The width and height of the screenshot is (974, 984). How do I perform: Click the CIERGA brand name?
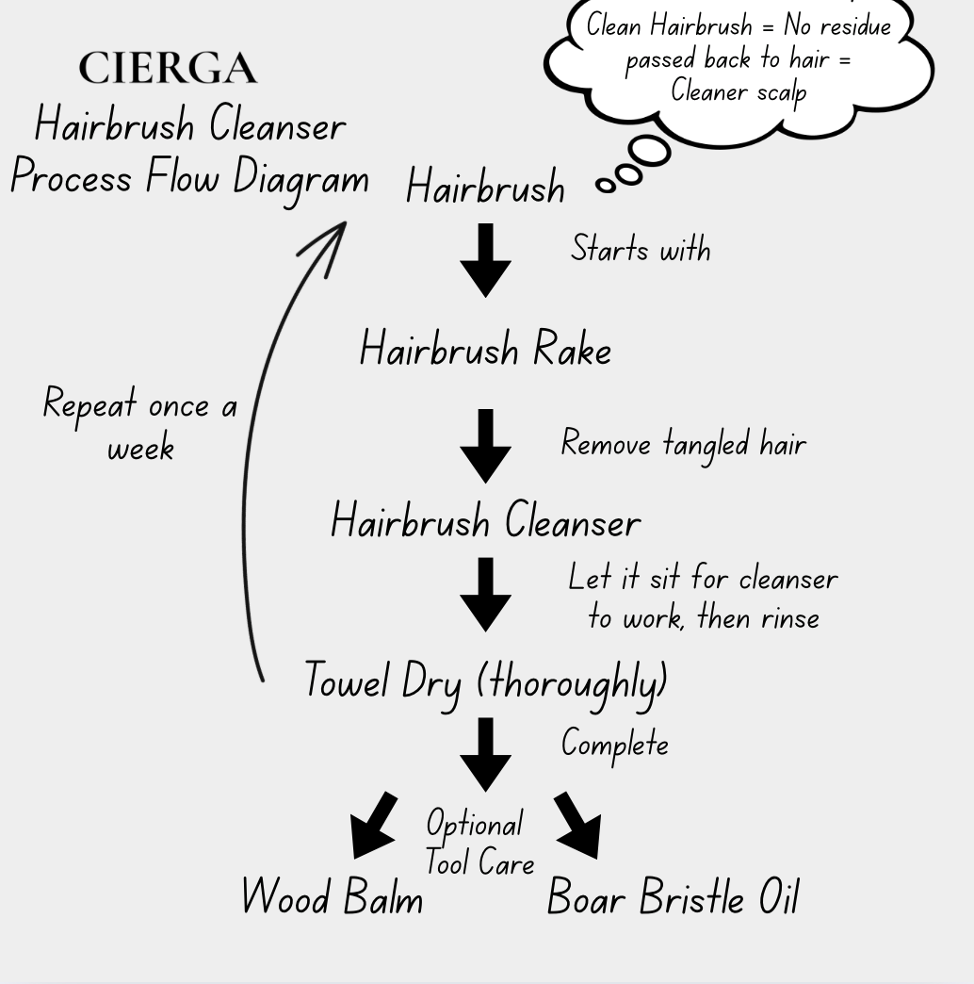pyautogui.click(x=168, y=69)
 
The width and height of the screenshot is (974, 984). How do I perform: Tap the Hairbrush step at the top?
pyautogui.click(x=485, y=187)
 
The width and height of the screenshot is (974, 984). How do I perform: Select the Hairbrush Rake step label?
pyautogui.click(x=485, y=351)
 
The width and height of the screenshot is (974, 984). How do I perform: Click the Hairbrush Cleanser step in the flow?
pyautogui.click(x=485, y=522)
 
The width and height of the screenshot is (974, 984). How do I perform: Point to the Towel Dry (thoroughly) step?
pyautogui.click(x=485, y=681)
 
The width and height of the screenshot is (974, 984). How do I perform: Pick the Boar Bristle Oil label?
pyautogui.click(x=673, y=897)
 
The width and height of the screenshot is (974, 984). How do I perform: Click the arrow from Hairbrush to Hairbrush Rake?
pyautogui.click(x=485, y=260)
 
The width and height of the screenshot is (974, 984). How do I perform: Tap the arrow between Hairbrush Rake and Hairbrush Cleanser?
pyautogui.click(x=485, y=445)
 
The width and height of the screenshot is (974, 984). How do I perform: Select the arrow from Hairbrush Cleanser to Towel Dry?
pyautogui.click(x=485, y=594)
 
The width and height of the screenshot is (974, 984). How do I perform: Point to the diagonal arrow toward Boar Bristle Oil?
pyautogui.click(x=579, y=825)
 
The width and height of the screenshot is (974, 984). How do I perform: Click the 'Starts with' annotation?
pyautogui.click(x=641, y=250)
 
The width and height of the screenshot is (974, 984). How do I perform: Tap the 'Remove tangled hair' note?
pyautogui.click(x=684, y=443)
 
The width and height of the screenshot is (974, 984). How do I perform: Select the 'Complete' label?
pyautogui.click(x=615, y=745)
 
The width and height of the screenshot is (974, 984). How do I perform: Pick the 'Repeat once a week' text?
pyautogui.click(x=140, y=425)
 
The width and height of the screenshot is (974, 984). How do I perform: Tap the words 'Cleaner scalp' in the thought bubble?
pyautogui.click(x=739, y=92)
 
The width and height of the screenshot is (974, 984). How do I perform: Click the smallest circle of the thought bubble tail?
pyautogui.click(x=607, y=186)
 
